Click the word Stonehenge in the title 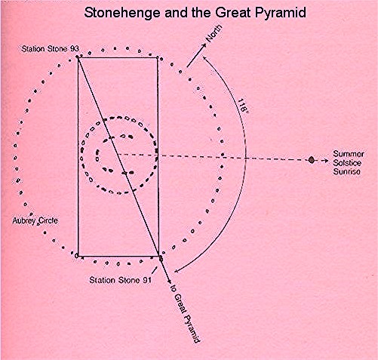point(122,13)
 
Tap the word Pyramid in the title point(281,13)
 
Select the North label point(214,33)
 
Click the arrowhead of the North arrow point(204,45)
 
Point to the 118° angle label point(242,106)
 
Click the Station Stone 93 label point(50,48)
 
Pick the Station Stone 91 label point(121,280)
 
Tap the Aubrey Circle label point(35,221)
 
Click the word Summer point(349,154)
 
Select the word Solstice point(347,163)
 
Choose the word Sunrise point(346,172)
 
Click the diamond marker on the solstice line point(312,160)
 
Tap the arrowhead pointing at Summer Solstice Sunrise point(326,161)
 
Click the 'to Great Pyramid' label point(185,313)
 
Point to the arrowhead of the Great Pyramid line point(169,281)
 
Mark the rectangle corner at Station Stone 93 point(78,58)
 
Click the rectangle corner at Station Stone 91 point(158,256)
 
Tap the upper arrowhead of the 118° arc point(204,58)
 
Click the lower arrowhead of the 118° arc point(177,271)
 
